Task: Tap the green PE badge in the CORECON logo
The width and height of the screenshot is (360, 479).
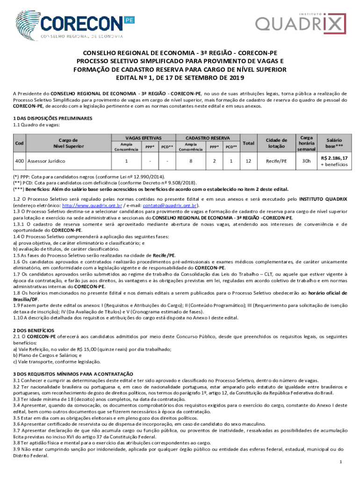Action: pyautogui.click(x=130, y=20)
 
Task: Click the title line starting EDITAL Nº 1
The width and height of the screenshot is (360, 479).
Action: pyautogui.click(x=180, y=78)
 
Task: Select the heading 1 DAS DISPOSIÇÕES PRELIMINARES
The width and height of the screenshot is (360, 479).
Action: pyautogui.click(x=47, y=119)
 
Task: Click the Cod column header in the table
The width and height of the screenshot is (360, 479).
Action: pyautogui.click(x=20, y=143)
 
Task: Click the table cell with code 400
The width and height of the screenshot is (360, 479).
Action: pyautogui.click(x=20, y=161)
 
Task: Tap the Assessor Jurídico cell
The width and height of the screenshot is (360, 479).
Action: pyautogui.click(x=46, y=161)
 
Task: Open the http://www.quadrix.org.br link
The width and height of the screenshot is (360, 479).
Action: pyautogui.click(x=93, y=205)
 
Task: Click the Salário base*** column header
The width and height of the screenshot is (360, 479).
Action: pyautogui.click(x=335, y=143)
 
